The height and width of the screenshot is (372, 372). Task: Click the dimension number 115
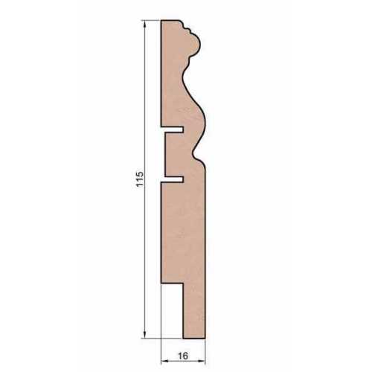click(140, 179)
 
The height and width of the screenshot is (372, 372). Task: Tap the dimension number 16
click(183, 356)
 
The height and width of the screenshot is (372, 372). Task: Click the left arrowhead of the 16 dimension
click(164, 362)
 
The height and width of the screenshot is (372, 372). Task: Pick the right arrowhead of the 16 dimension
click(202, 362)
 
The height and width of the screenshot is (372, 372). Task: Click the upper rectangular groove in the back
click(173, 129)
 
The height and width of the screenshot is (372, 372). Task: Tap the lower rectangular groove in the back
click(173, 179)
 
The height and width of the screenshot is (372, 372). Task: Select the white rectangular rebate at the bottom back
click(172, 310)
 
